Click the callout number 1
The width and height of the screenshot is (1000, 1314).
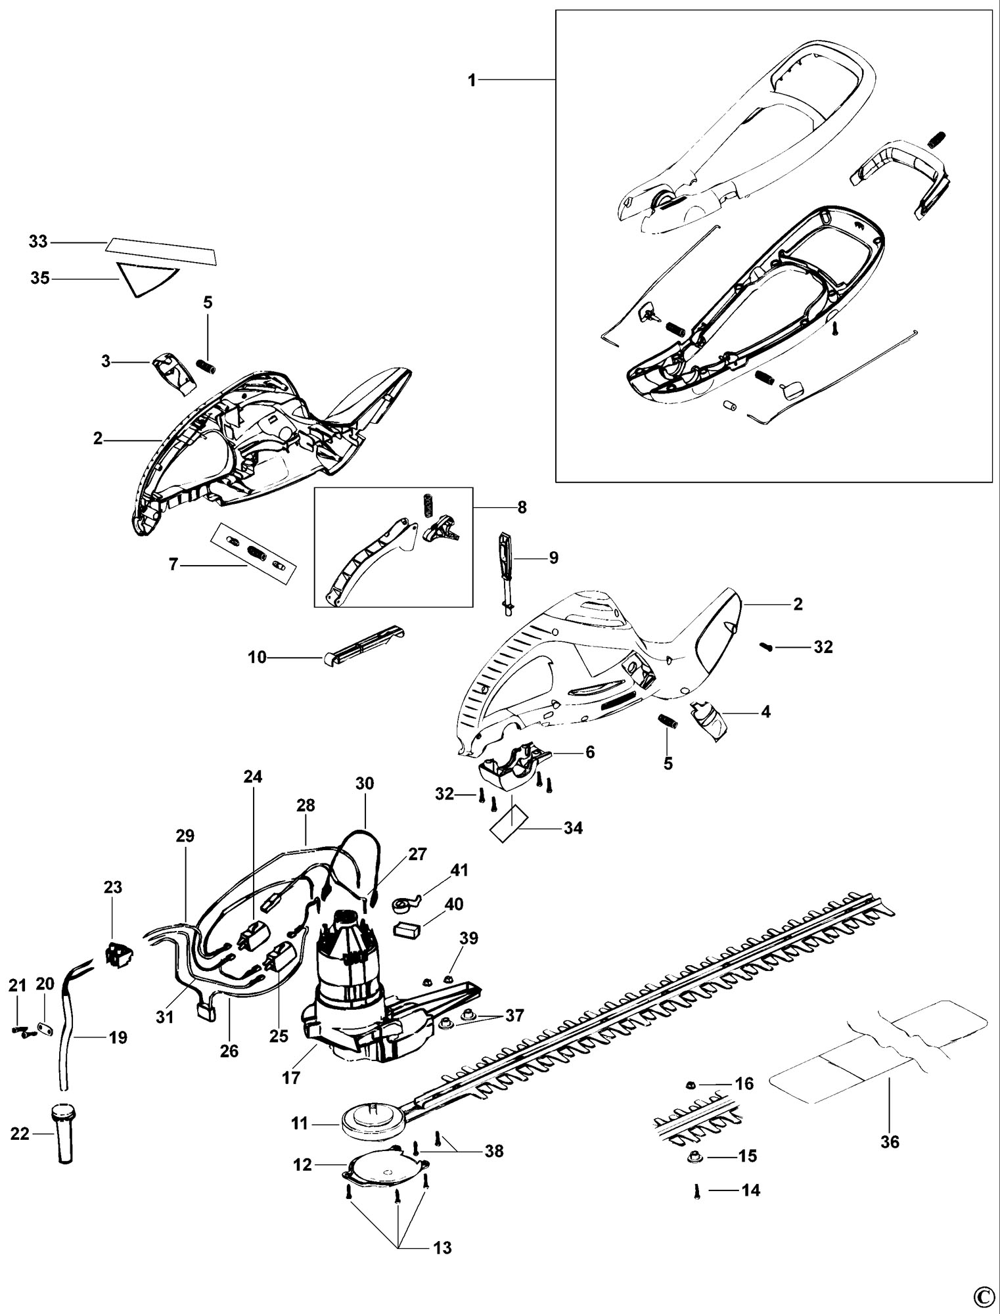[x=472, y=80]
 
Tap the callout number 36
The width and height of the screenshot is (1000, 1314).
[x=890, y=1142]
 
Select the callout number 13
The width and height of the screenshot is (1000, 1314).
[x=443, y=1247]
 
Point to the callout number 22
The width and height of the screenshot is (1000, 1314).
[x=20, y=1133]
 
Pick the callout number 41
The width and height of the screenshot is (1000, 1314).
[x=459, y=871]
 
